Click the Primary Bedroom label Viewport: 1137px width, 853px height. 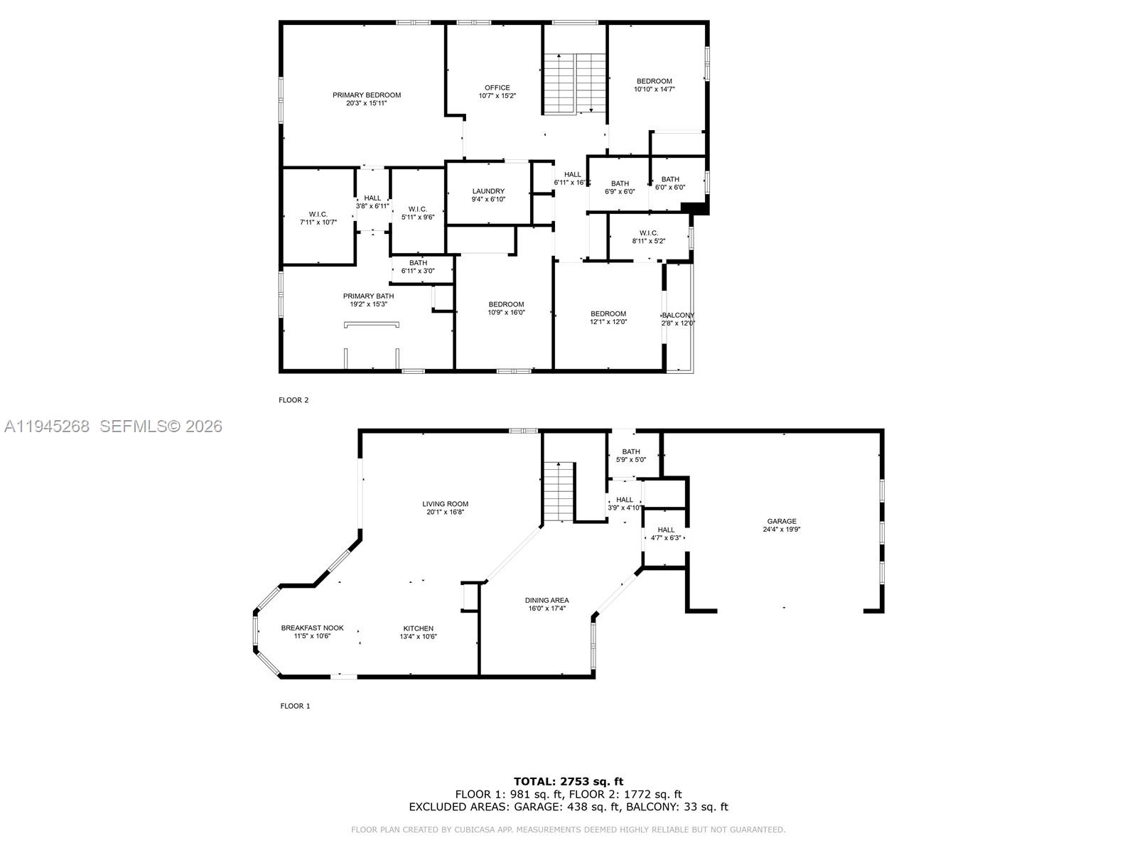tap(367, 95)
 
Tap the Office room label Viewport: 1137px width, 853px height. tap(497, 88)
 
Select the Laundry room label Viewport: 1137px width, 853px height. tap(488, 191)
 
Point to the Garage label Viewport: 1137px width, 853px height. tap(782, 521)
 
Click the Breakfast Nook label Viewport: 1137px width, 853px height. tap(312, 628)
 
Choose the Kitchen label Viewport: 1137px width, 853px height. tap(418, 628)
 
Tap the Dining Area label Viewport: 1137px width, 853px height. tap(546, 600)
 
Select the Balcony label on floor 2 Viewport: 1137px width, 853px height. tap(678, 315)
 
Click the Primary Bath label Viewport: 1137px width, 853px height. tap(368, 296)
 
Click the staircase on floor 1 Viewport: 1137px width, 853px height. tap(559, 490)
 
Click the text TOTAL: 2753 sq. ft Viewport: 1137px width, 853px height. tap(568, 781)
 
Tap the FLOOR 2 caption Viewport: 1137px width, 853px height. tap(293, 400)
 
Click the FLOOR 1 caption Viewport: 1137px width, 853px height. tap(295, 706)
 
